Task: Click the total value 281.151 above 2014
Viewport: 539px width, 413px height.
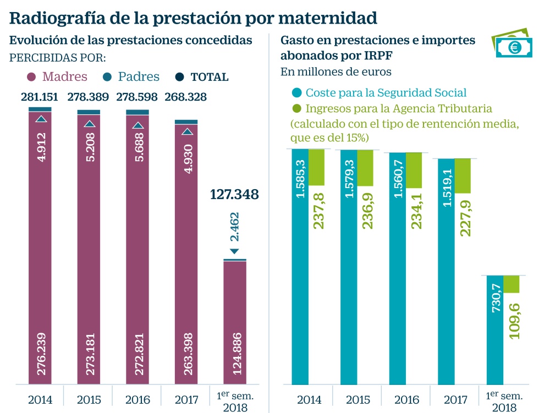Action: [40, 97]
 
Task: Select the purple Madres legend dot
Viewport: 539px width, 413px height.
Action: [31, 77]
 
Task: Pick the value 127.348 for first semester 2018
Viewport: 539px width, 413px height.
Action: [234, 194]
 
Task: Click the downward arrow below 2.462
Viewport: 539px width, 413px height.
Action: [235, 251]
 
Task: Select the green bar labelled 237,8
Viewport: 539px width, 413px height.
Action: [317, 167]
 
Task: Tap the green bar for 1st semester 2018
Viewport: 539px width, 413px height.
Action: [512, 284]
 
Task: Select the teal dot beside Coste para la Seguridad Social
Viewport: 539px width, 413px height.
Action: [297, 92]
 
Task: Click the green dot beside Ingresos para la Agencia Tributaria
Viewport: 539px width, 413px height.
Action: [297, 108]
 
